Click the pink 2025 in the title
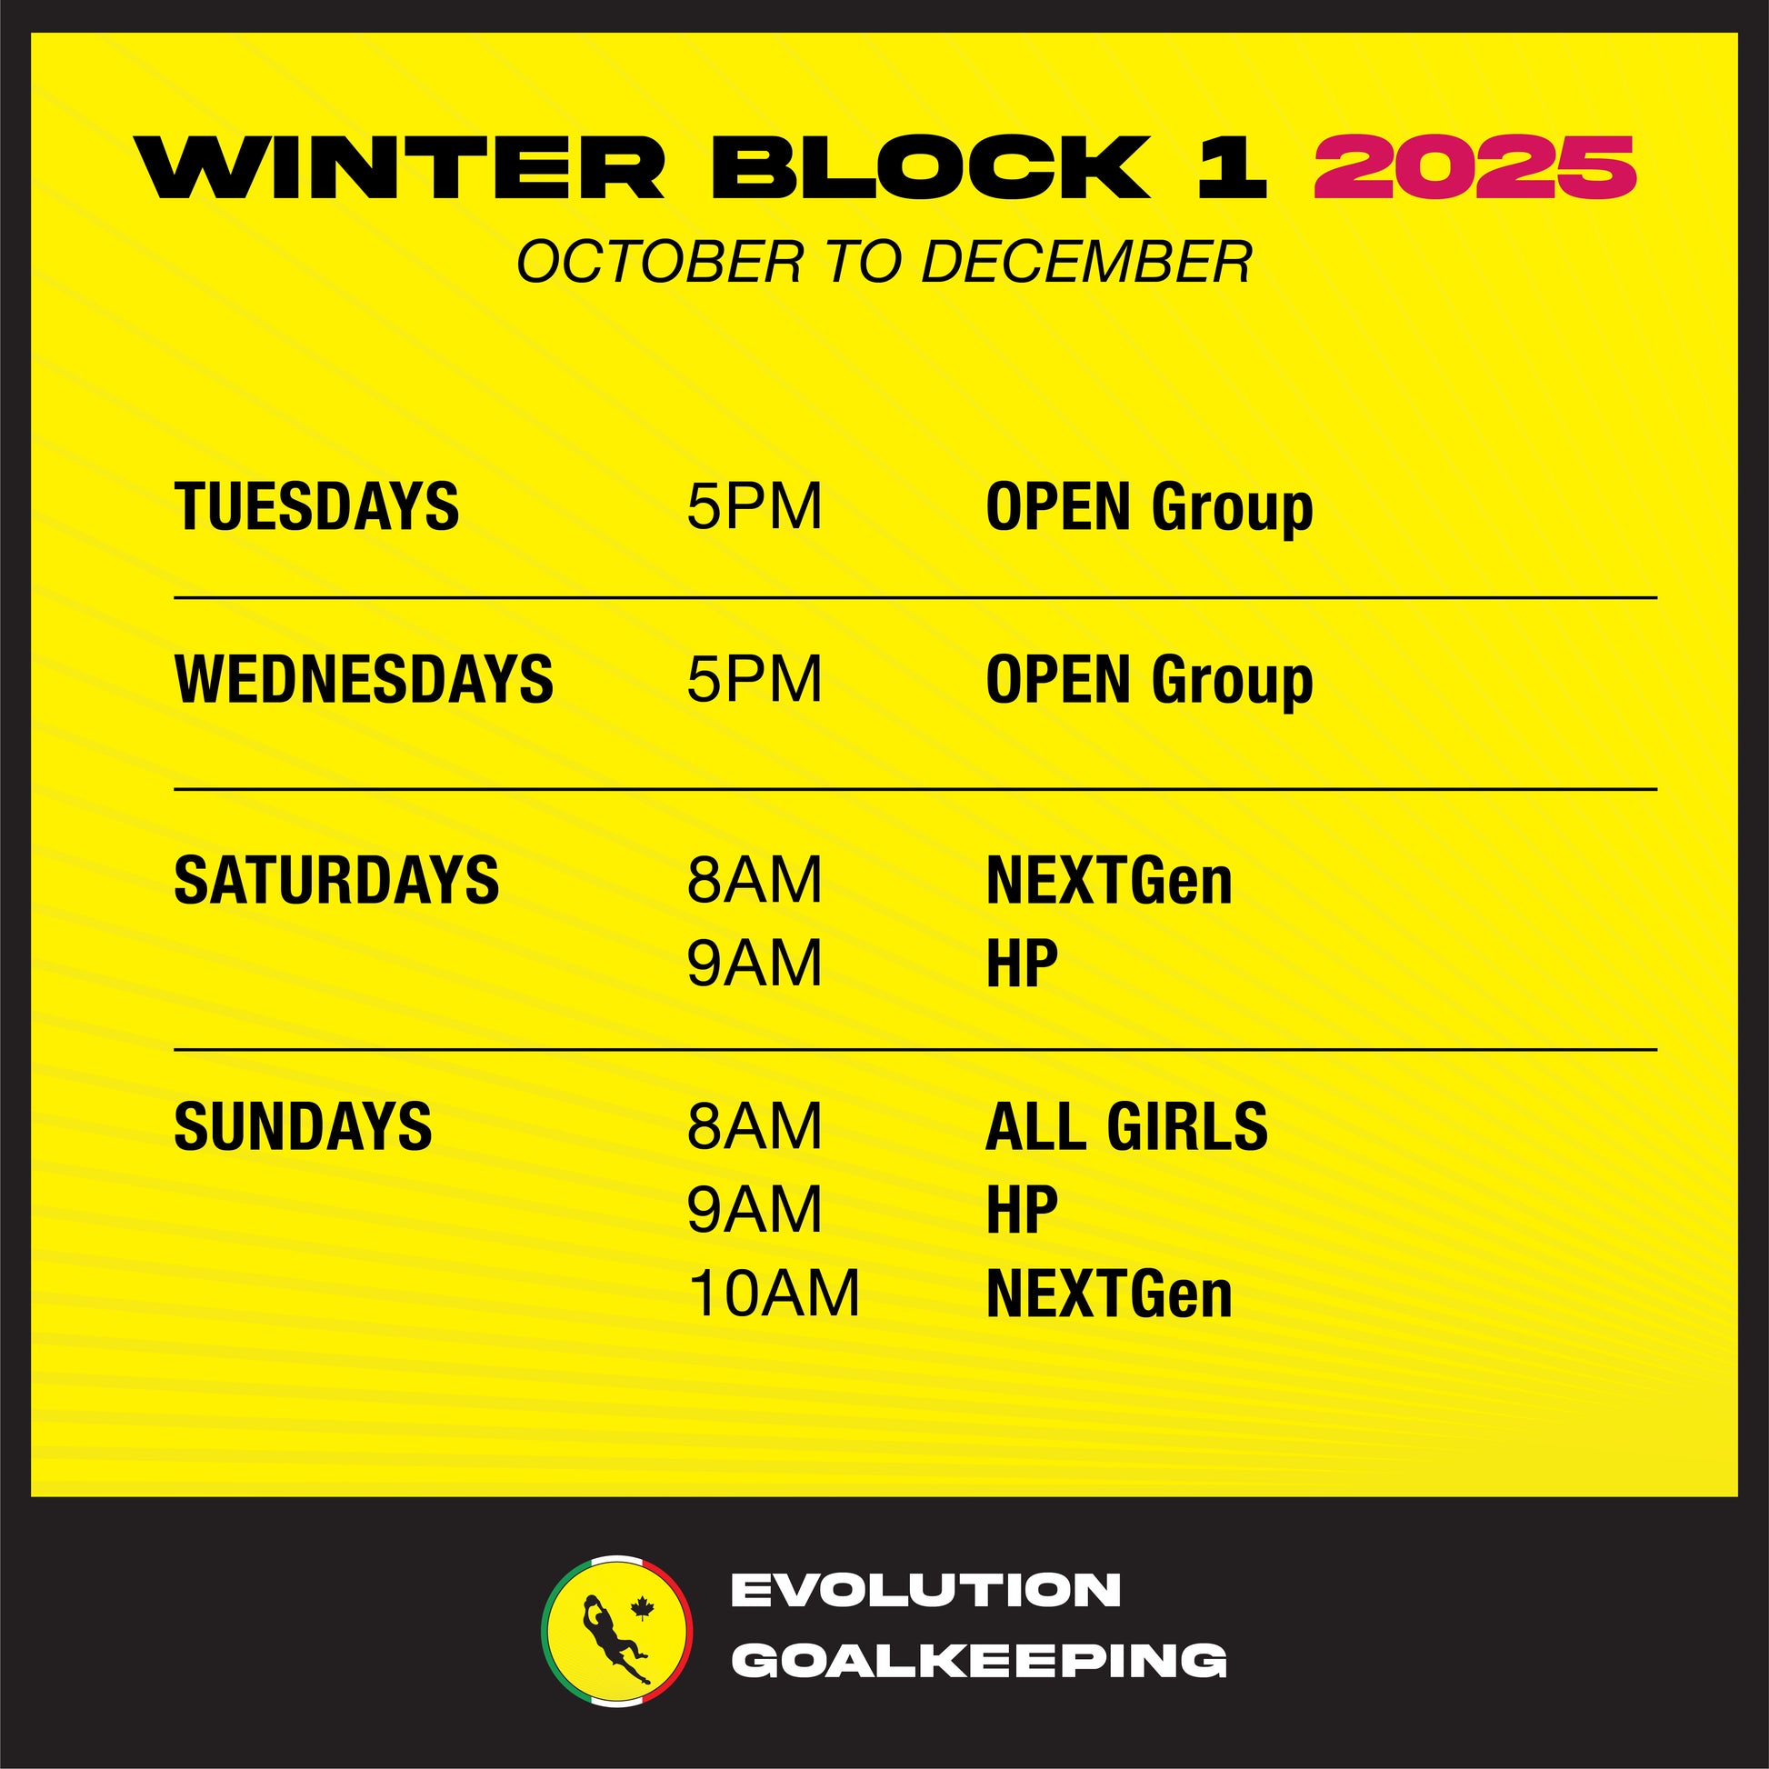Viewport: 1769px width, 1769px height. coord(1474,166)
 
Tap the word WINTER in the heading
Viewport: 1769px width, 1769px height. coord(400,166)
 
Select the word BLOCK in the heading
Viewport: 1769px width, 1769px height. coord(930,166)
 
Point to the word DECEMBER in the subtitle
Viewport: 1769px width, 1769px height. coord(1086,262)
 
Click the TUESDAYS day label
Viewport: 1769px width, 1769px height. coord(317,506)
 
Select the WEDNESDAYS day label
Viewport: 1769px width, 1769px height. coord(364,678)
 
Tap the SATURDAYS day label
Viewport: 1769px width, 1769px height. coord(336,880)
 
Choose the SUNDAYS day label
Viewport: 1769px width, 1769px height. coord(302,1125)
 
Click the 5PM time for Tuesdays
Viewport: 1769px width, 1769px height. coord(755,506)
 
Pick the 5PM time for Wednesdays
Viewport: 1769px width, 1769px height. coord(755,678)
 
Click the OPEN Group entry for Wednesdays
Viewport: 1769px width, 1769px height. coord(1149,682)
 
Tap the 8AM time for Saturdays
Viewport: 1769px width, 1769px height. coord(755,880)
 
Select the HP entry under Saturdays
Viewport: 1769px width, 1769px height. coord(1022,963)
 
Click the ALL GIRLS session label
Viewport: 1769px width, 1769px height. coord(1126,1125)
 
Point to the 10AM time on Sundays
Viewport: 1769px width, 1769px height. coord(774,1294)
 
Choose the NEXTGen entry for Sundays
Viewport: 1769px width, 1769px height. coord(1109,1294)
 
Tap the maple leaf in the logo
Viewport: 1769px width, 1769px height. coord(643,1608)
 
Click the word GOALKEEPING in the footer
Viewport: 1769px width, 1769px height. coord(980,1660)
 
